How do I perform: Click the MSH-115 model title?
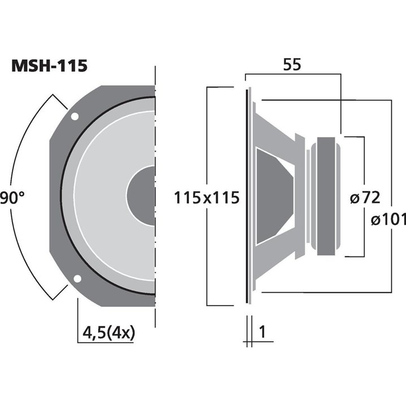pos(50,67)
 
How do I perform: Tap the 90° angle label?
pos(12,198)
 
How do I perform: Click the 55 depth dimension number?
pos(292,65)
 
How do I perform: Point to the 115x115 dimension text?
pos(207,198)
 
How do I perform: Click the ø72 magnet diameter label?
pos(364,198)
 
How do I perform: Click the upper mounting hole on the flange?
pos(74,117)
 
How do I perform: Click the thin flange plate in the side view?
pos(247,196)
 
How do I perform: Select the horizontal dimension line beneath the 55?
pos(293,74)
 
